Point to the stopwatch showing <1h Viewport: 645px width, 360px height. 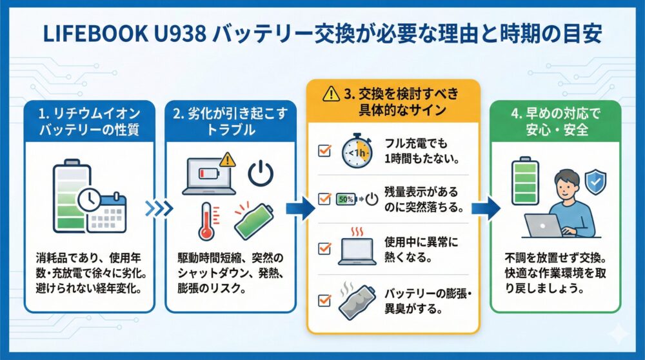point(353,152)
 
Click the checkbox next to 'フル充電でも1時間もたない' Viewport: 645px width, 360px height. point(324,152)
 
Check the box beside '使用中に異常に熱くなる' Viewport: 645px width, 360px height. point(324,246)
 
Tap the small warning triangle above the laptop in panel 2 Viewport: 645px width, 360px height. point(226,159)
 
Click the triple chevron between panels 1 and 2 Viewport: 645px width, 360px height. point(159,208)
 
